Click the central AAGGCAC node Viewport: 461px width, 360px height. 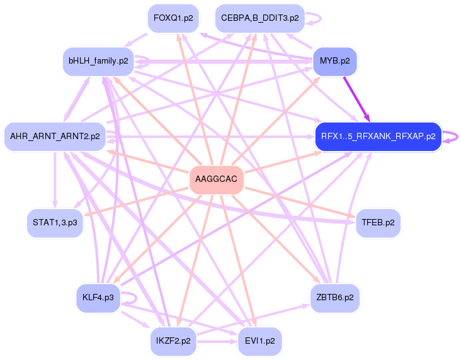tap(217, 180)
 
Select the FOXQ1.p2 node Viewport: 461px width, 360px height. tap(173, 18)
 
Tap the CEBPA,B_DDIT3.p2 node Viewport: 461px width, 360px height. tap(259, 18)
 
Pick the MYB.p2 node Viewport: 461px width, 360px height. tap(335, 61)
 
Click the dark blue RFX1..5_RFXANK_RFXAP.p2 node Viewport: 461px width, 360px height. tap(378, 137)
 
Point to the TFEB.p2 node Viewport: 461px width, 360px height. tap(378, 223)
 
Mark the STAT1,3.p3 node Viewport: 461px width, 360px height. tap(55, 223)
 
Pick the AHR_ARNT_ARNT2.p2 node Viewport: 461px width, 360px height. tap(55, 137)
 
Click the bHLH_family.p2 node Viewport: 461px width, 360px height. tap(98, 61)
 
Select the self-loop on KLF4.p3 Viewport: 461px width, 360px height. tap(130, 296)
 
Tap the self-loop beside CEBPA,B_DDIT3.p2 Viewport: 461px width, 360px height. tap(316, 18)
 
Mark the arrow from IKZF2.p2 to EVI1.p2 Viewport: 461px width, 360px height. tap(217, 341)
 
